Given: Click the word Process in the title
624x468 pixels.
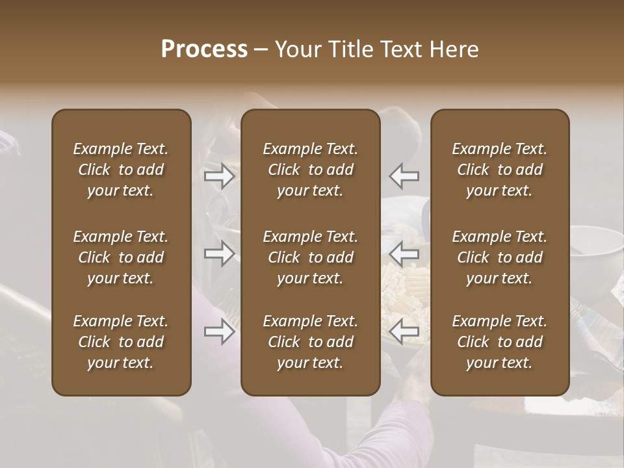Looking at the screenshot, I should coord(204,49).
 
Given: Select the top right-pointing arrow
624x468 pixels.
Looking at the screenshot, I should coord(220,176).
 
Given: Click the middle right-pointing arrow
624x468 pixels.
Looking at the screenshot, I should coord(220,253).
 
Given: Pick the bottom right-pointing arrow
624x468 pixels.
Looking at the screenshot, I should coord(220,332).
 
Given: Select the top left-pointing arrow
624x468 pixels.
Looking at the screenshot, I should coord(404,176).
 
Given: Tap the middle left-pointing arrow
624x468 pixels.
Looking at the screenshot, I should coord(404,253).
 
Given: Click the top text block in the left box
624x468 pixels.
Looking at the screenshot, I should coord(121,170).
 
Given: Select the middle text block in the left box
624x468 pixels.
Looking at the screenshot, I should coord(121,257).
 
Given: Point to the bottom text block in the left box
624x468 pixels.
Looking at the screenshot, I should coord(121,342).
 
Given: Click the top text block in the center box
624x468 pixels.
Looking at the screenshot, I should coord(311,170).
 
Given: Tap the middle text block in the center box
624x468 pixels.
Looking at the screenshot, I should coord(311,257).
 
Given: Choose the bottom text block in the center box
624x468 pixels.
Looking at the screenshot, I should coord(311,342).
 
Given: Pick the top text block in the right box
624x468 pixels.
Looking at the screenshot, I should coord(500,170).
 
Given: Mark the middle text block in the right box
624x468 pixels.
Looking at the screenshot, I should coord(500,257).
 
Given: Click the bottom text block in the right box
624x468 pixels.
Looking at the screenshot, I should coord(500,342).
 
